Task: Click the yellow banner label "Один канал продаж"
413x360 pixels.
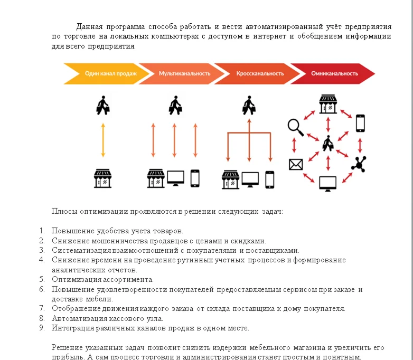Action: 110,73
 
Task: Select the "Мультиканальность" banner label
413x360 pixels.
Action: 184,73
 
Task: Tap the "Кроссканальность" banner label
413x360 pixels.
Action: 260,73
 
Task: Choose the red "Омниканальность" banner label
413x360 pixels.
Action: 334,73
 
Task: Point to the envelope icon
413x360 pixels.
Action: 295,165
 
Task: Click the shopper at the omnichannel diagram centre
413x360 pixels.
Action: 328,143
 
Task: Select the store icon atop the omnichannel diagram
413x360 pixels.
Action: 328,103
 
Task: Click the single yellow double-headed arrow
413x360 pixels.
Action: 103,140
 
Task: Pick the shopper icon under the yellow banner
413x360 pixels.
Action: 103,106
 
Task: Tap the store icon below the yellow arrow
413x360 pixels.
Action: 103,178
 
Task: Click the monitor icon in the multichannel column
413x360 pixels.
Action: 175,178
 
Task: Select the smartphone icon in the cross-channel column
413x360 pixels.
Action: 270,179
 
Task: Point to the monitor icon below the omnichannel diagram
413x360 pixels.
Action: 328,183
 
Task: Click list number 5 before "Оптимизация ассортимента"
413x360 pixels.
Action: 42,279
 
